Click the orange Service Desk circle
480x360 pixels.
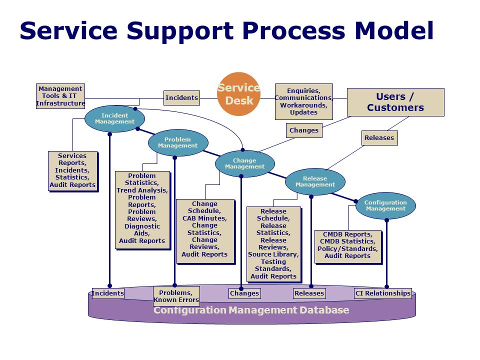coord(239,94)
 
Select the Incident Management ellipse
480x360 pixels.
coord(114,119)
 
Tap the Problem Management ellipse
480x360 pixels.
coord(178,142)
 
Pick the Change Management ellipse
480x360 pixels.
coord(244,164)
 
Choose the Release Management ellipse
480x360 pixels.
coord(315,181)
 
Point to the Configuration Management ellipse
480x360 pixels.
coord(385,205)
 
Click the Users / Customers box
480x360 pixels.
coord(395,102)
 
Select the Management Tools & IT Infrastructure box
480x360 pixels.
coord(60,96)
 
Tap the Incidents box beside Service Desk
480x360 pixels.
coord(181,98)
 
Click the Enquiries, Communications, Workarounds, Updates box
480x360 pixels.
coord(303,101)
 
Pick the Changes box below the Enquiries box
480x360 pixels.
coord(304,130)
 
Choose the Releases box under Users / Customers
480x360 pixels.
coord(379,138)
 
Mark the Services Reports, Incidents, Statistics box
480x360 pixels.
coord(73,171)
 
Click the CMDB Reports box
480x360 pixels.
coord(348,246)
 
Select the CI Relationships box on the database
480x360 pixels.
coord(383,293)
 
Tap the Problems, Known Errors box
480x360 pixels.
coord(176,296)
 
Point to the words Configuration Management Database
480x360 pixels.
coord(251,310)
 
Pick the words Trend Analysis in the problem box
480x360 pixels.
coord(142,190)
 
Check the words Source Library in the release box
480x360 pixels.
coord(273,254)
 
